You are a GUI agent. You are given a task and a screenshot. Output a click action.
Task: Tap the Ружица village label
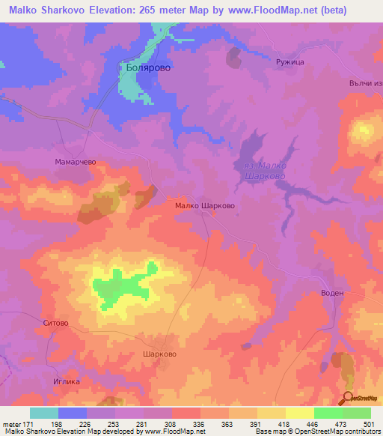(289, 63)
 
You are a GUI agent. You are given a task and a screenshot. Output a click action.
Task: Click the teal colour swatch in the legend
(44, 413)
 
